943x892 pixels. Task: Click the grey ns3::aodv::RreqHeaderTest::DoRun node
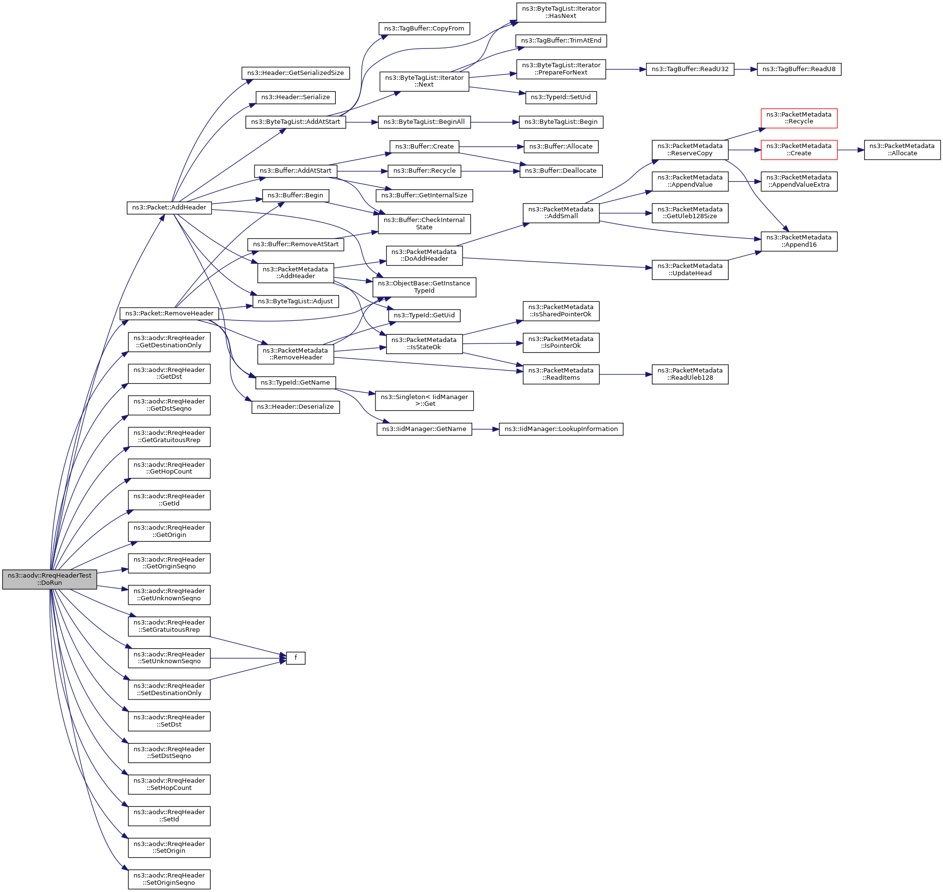49,579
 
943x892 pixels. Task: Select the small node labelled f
295,658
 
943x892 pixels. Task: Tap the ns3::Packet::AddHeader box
169,208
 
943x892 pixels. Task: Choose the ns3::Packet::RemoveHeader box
169,313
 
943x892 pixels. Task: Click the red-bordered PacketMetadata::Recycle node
798,118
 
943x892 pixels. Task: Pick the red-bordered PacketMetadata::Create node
798,150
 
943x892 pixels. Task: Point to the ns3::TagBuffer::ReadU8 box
798,69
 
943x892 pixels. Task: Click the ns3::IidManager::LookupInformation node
561,429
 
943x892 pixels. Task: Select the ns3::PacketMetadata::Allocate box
902,150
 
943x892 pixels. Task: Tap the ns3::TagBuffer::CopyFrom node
424,29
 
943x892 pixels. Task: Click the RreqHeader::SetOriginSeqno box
169,879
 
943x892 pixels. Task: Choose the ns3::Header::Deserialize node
295,407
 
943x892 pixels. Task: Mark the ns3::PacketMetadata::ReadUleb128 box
689,374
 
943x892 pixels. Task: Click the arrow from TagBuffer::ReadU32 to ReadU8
745,69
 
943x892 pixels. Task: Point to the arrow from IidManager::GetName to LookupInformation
485,429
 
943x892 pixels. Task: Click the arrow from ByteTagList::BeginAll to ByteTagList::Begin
494,122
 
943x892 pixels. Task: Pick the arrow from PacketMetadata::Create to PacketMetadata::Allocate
850,150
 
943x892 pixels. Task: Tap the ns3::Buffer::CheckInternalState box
424,223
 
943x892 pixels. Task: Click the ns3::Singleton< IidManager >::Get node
424,401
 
